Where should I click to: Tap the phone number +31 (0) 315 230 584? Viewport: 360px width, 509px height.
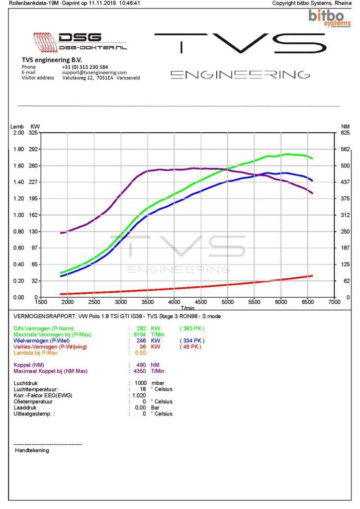[85, 67]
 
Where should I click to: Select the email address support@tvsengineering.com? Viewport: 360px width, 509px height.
[94, 72]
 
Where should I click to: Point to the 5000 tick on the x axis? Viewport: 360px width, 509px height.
[227, 302]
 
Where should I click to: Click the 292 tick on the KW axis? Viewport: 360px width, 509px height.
[34, 149]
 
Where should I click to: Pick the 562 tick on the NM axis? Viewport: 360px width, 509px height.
[345, 149]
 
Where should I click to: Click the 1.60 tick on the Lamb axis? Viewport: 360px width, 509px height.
[18, 166]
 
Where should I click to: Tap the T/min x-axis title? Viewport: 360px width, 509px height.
[187, 308]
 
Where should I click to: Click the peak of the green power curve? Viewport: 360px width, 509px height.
[287, 154]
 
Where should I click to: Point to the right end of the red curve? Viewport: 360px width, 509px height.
[312, 275]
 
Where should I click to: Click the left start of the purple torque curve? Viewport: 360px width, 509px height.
[61, 233]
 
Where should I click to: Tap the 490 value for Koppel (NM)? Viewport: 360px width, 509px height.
[141, 365]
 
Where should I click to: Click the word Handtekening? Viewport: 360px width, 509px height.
[32, 450]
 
